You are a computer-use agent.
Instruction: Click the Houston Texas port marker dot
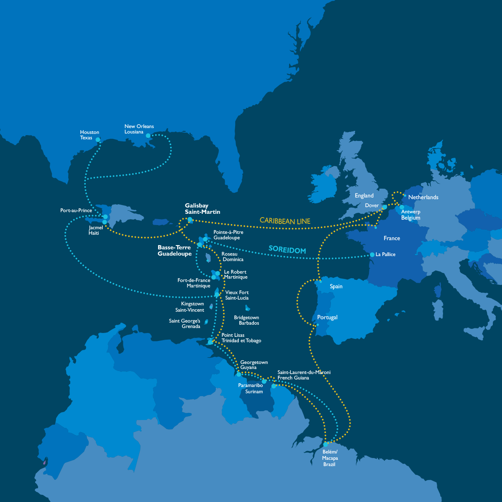click(98, 140)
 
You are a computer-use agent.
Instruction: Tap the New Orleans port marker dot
click(148, 136)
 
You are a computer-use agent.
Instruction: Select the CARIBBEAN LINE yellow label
click(285, 220)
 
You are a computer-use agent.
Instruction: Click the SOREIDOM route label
click(287, 250)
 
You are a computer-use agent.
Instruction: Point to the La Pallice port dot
click(372, 254)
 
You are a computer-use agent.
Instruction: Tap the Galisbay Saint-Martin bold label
click(202, 209)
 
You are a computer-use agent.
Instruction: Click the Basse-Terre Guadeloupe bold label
click(174, 251)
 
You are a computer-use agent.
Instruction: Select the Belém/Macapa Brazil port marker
click(325, 444)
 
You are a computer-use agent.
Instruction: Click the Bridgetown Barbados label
click(246, 320)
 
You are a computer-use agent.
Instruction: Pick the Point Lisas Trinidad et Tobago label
click(241, 338)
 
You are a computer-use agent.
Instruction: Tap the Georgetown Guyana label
click(254, 365)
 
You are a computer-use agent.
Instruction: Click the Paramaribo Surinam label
click(251, 388)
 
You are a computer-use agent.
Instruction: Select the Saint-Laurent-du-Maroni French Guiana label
click(304, 375)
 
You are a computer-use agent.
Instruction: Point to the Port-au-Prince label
click(76, 210)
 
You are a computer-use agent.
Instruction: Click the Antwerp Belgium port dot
click(402, 207)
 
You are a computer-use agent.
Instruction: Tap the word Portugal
click(327, 318)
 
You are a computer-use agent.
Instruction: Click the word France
click(392, 238)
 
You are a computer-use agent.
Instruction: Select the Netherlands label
click(423, 197)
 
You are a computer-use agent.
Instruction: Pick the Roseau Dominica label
click(232, 256)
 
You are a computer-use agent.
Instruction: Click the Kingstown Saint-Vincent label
click(191, 307)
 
